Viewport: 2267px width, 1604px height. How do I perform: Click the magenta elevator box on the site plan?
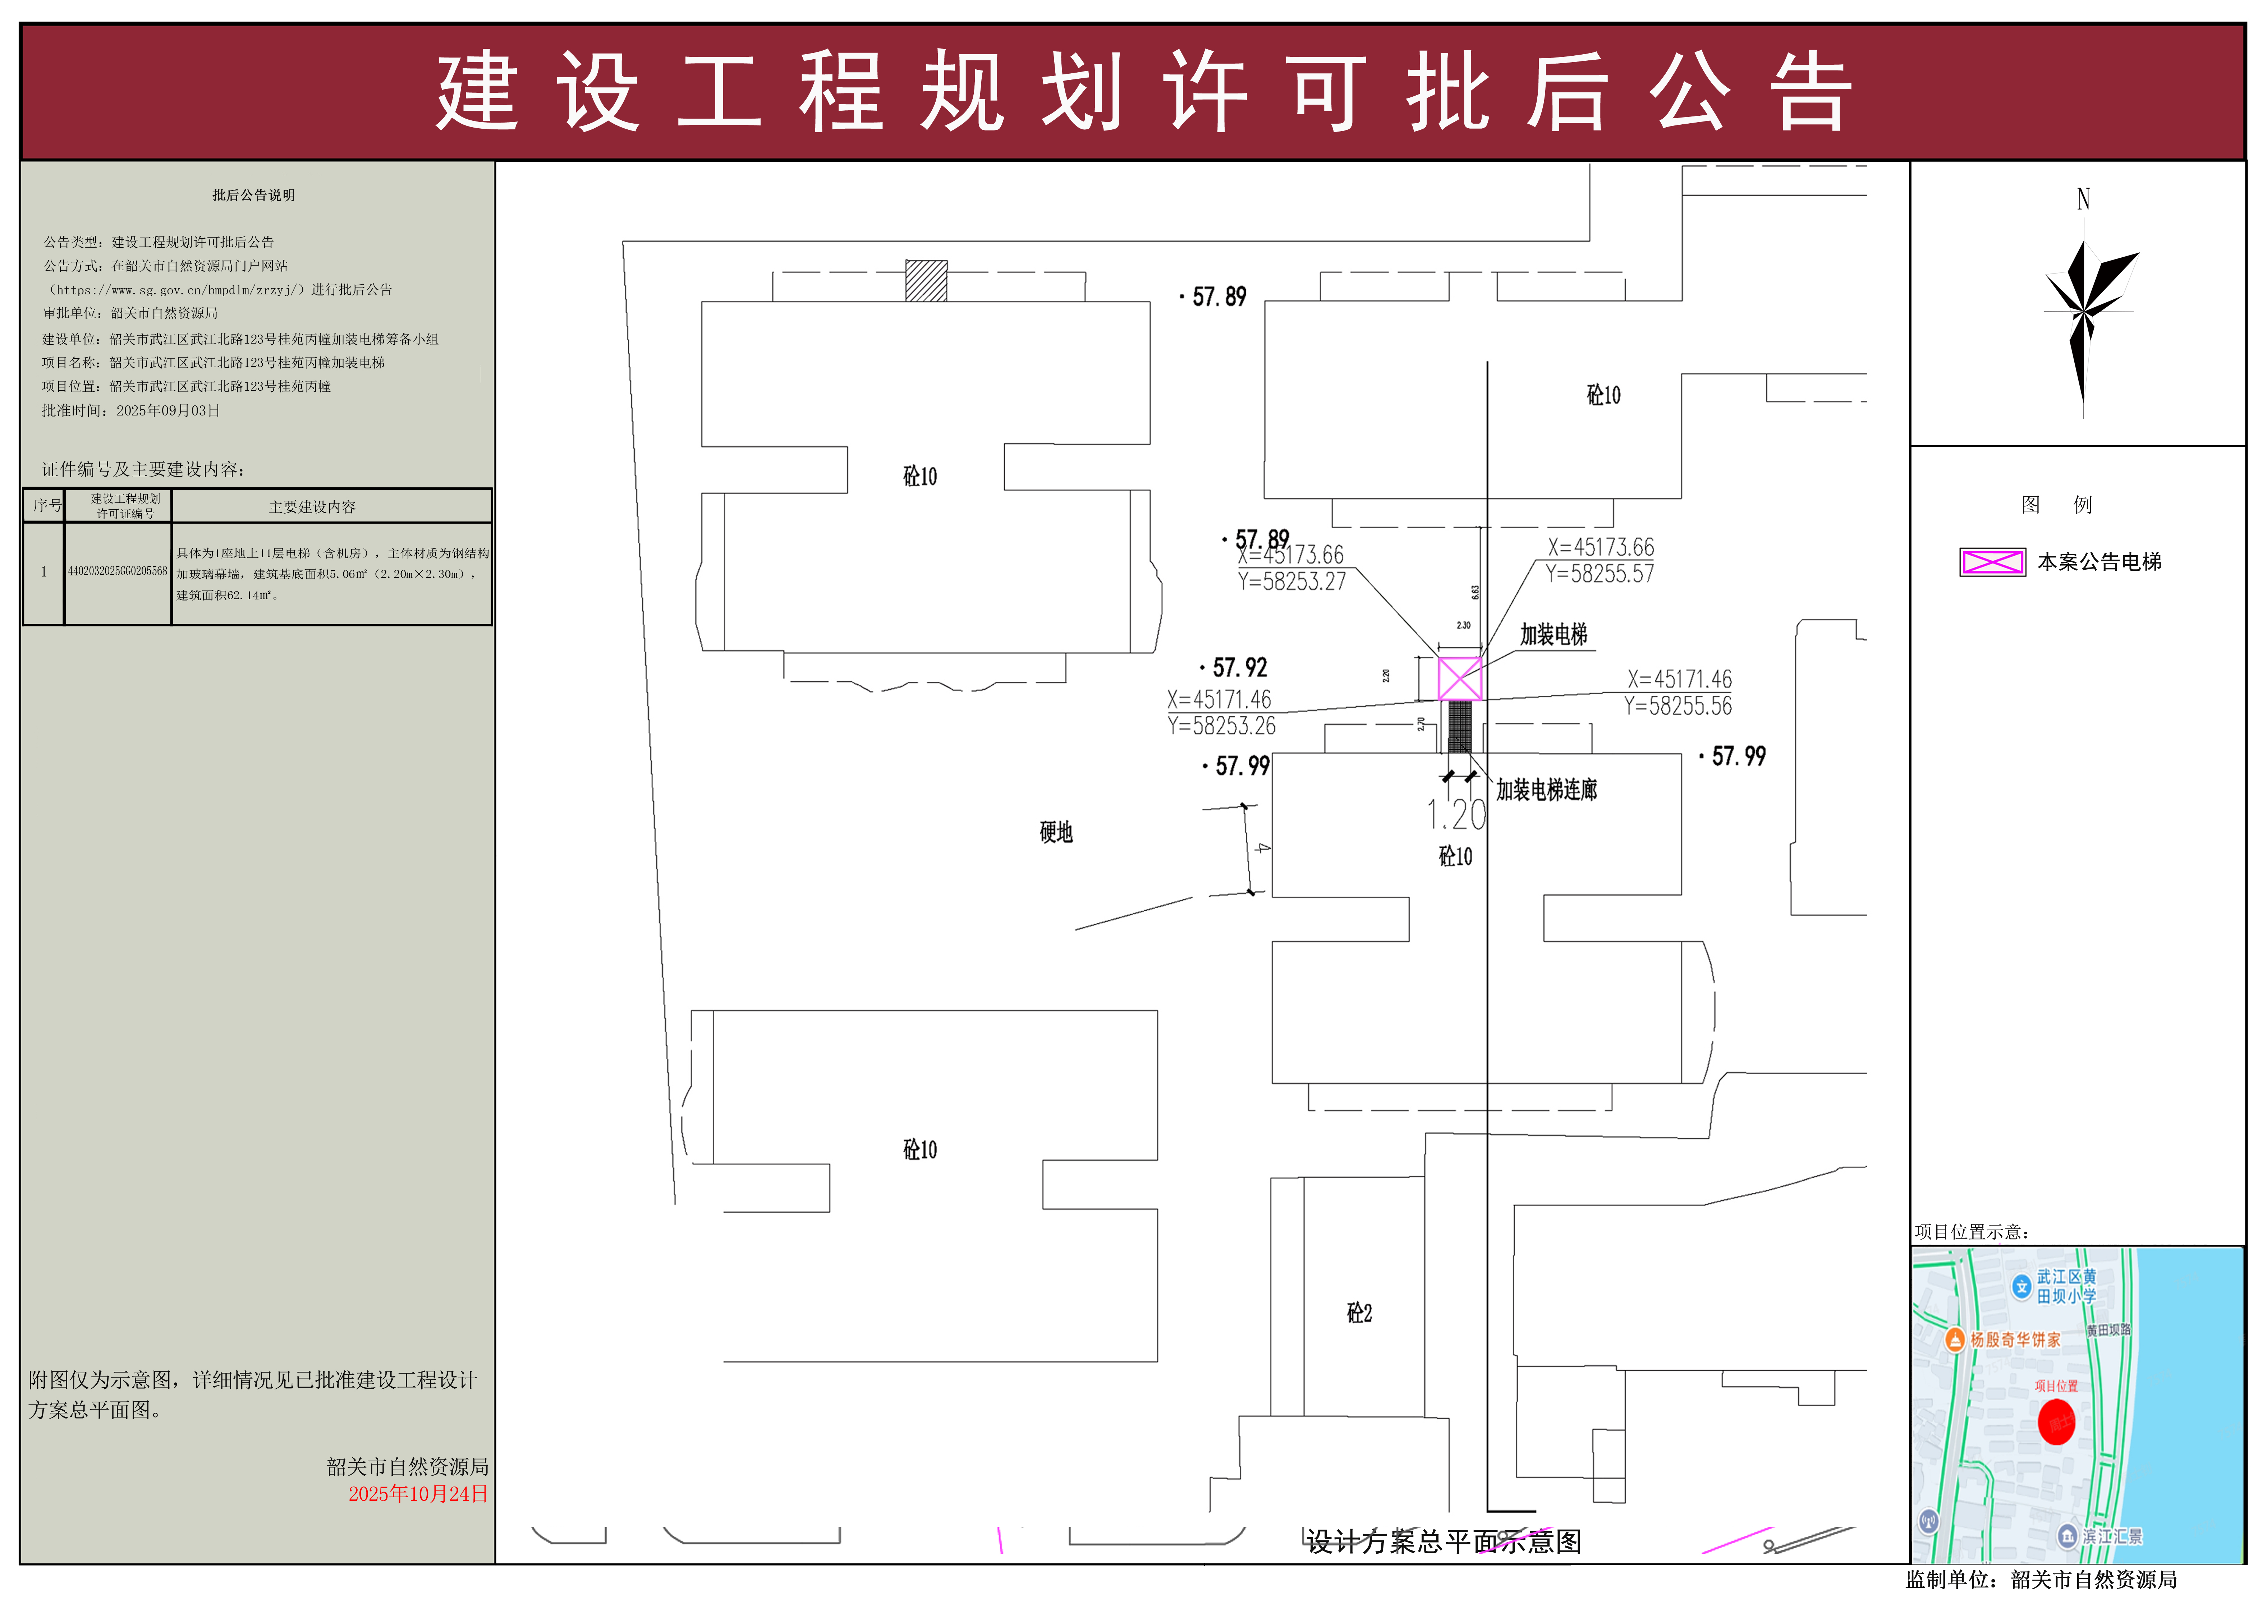[x=1459, y=679]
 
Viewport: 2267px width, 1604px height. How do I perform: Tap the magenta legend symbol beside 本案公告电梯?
[x=1991, y=562]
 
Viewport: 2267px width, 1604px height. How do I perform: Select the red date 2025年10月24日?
[x=418, y=1493]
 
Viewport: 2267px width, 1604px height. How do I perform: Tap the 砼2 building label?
[x=1359, y=1313]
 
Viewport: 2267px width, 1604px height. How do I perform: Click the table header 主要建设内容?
[x=312, y=507]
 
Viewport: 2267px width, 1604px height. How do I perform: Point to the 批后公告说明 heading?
[x=254, y=196]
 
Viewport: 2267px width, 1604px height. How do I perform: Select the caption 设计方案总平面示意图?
[x=1443, y=1542]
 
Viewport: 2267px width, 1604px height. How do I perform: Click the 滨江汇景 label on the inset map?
[x=2112, y=1537]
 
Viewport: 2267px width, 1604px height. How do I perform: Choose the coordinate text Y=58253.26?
[x=1221, y=726]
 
